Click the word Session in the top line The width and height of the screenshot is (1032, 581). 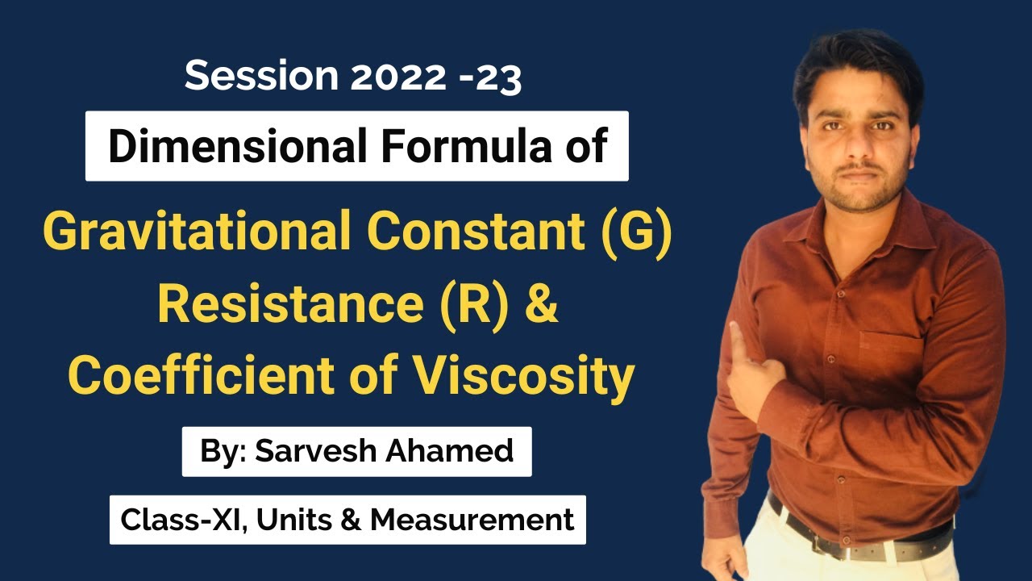point(250,76)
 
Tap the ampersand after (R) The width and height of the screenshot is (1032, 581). point(539,306)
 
